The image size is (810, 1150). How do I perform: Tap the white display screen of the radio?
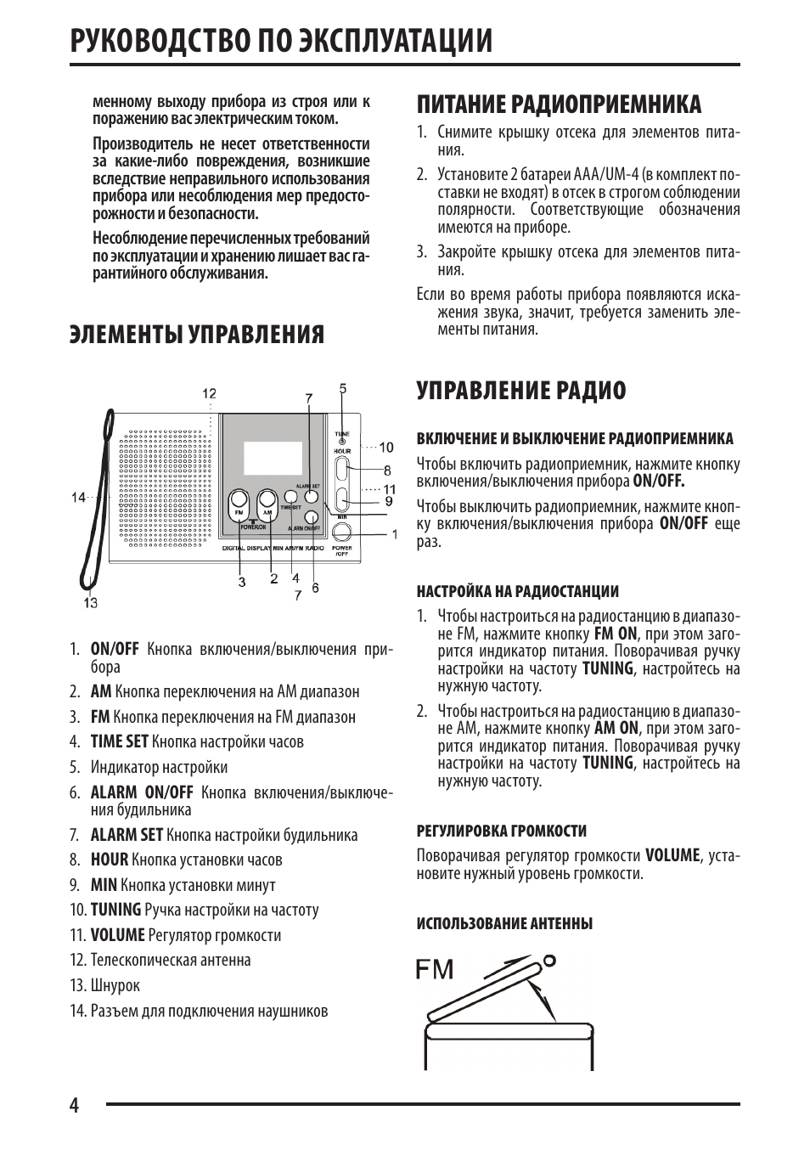point(273,458)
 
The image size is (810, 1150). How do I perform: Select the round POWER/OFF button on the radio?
point(342,532)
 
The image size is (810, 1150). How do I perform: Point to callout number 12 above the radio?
point(209,393)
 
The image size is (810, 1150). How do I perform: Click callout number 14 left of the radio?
point(79,498)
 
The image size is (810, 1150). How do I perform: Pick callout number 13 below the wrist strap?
point(91,603)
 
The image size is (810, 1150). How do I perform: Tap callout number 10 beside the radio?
point(385,447)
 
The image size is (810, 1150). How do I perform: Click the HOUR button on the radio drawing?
point(341,468)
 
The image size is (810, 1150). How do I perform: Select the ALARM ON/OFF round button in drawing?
point(312,516)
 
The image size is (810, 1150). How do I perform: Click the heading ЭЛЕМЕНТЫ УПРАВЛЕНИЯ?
point(197,335)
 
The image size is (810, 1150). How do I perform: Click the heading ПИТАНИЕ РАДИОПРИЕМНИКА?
point(559,104)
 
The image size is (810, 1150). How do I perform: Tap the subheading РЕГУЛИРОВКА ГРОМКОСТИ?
point(501,831)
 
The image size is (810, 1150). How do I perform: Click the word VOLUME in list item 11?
point(118,935)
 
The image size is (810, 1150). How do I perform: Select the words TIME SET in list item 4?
point(119,741)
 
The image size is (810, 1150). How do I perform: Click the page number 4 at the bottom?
point(74,1105)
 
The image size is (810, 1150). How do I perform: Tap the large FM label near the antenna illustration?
point(435,969)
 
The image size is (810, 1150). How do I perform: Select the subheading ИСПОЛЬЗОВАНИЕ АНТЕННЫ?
point(504,923)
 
